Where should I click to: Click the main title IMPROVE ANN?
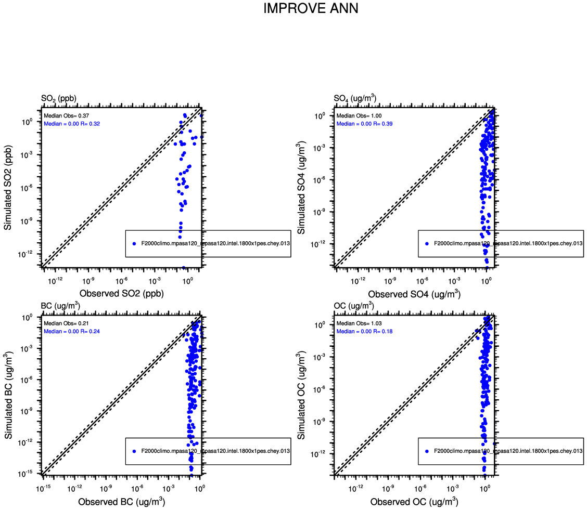click(311, 9)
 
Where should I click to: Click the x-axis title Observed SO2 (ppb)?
click(121, 293)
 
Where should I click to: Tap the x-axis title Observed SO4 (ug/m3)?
click(414, 294)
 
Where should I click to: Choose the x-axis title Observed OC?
click(414, 502)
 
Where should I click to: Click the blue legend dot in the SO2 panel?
click(134, 243)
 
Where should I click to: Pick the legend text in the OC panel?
click(507, 451)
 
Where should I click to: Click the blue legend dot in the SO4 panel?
click(426, 243)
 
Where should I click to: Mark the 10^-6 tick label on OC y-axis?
click(320, 389)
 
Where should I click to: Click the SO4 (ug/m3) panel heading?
click(355, 98)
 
